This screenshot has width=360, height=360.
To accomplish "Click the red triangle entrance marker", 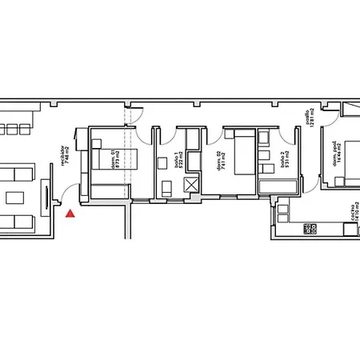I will [71, 214].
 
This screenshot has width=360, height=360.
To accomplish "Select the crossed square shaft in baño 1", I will [193, 186].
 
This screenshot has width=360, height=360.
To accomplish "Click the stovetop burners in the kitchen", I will [310, 229].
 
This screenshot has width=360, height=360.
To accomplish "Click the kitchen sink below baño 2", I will [282, 210].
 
